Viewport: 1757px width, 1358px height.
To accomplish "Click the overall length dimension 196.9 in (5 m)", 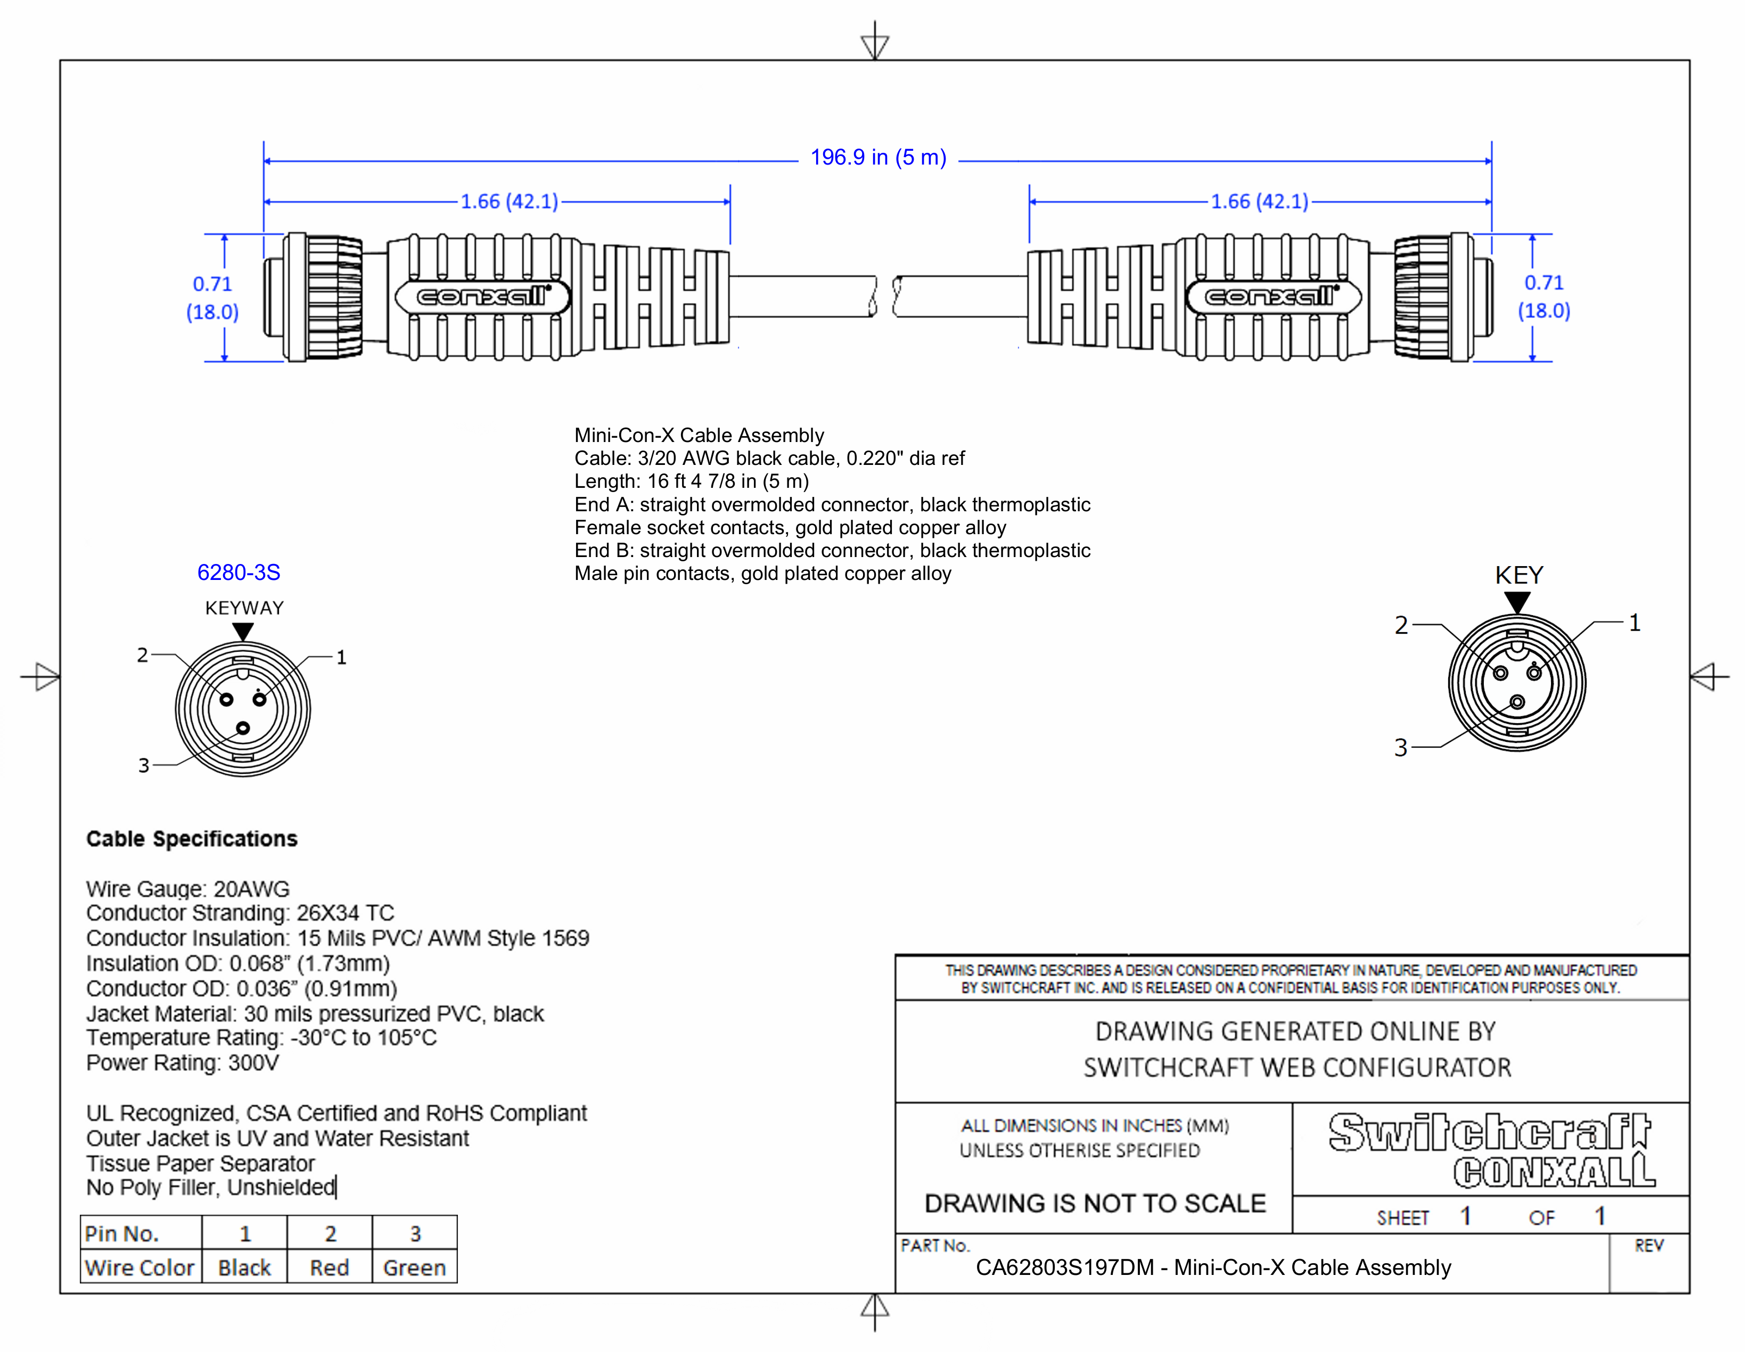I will pyautogui.click(x=877, y=158).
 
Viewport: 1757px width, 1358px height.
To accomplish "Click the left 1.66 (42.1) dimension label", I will pyautogui.click(x=509, y=201).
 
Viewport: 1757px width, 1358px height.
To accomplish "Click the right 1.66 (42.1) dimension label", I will pyautogui.click(x=1260, y=201).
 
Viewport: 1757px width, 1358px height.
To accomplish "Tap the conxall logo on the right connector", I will pyautogui.click(x=1272, y=297).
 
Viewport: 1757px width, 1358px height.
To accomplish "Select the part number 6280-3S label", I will pyautogui.click(x=239, y=573).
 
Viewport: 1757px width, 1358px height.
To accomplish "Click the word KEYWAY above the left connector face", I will pyautogui.click(x=244, y=608).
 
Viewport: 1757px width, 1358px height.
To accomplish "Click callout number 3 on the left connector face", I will pyautogui.click(x=144, y=765).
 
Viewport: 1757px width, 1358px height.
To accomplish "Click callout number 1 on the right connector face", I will pyautogui.click(x=1634, y=623).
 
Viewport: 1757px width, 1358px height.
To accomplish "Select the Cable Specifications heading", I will pyautogui.click(x=192, y=839).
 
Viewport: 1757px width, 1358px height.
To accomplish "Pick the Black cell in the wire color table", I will pyautogui.click(x=244, y=1268).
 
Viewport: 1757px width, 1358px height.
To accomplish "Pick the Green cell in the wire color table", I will pyautogui.click(x=414, y=1268).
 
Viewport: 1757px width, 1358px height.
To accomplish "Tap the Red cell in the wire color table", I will pyautogui.click(x=330, y=1268).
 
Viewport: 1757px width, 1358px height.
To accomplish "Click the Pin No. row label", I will pyautogui.click(x=122, y=1234).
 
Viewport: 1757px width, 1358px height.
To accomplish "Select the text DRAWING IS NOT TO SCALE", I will pyautogui.click(x=1095, y=1204).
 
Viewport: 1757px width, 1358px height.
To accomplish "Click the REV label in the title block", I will pyautogui.click(x=1648, y=1246).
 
